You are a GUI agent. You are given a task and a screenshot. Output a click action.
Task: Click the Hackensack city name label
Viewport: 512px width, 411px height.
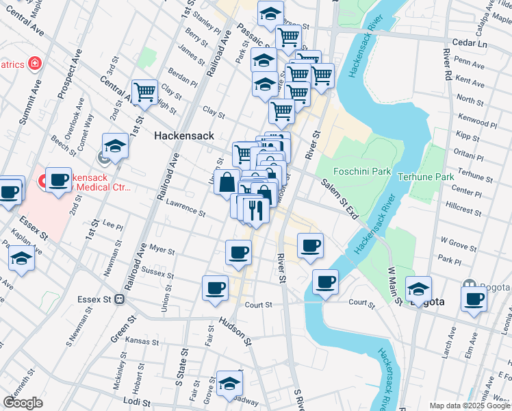(181, 136)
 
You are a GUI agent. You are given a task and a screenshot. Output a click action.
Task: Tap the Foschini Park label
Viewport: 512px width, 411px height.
(361, 171)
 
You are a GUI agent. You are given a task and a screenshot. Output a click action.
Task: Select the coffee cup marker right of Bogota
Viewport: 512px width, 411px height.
(474, 298)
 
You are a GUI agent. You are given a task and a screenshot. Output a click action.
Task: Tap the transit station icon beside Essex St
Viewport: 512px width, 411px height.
(120, 299)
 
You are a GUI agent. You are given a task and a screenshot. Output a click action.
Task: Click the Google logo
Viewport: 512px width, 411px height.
(23, 403)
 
